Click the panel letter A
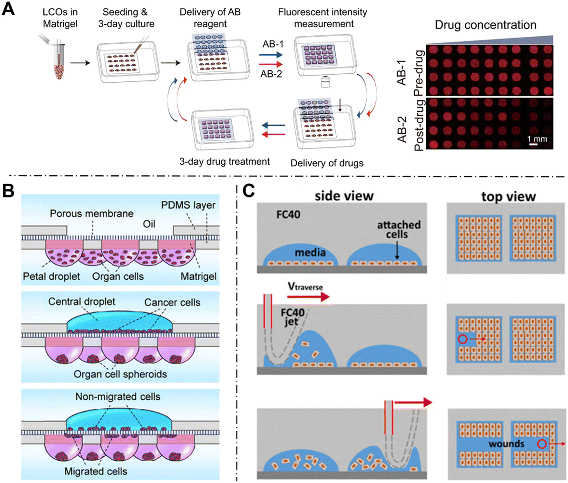8,9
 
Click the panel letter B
8,191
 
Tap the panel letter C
248,191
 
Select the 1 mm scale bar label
537,139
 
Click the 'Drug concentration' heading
485,25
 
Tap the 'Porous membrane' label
92,213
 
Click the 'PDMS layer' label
188,205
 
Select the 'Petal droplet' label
51,276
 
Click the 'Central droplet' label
81,302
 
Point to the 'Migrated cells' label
96,471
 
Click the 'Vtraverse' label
305,286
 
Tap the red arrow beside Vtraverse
308,297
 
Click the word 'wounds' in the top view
506,444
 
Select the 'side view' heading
344,196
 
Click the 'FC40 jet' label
293,317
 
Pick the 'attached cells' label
399,230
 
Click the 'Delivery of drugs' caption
327,163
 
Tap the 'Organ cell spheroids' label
120,374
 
